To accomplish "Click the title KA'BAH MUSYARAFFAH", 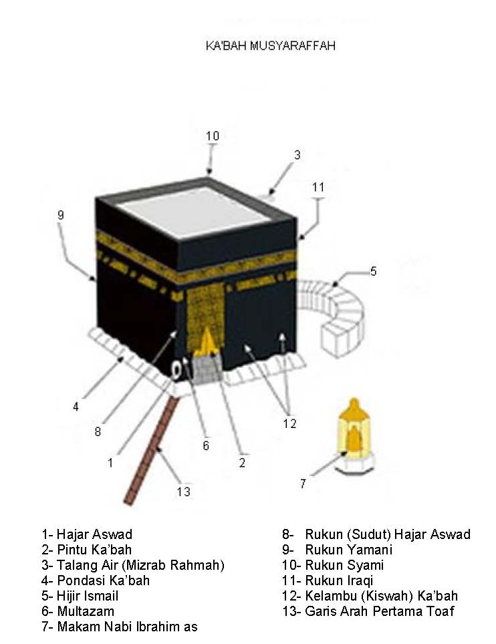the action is click(270, 45).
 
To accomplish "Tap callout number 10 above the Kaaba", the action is click(213, 136).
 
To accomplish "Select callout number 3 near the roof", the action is click(297, 155).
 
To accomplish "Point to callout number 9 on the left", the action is click(61, 215).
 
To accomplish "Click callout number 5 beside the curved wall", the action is click(373, 271).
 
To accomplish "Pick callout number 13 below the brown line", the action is click(184, 492).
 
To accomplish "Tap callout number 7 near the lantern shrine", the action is click(303, 484).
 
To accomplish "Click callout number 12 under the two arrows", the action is click(289, 423).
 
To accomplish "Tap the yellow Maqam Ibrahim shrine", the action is click(354, 435).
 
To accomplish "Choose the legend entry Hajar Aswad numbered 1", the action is click(87, 534).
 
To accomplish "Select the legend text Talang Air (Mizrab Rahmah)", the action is click(140, 566).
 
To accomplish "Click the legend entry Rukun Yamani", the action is click(348, 550).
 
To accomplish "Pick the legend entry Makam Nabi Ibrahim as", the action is click(127, 627).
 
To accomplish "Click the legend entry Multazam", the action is click(86, 611).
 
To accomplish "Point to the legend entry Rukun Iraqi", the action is click(339, 580).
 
